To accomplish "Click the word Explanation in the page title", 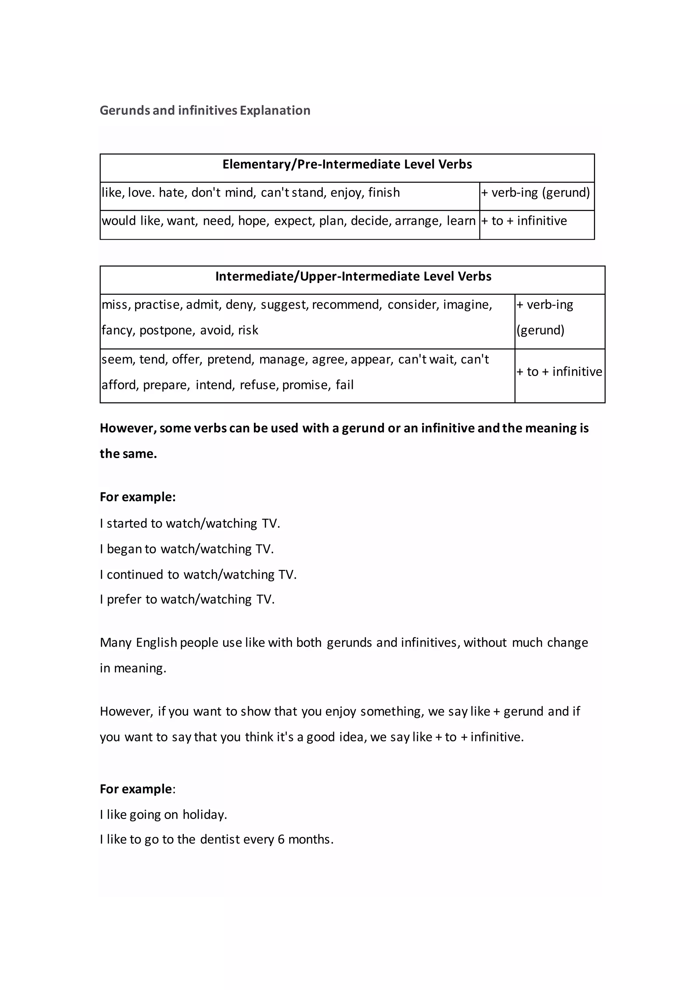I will [x=275, y=111].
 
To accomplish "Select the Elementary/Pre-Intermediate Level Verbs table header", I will [x=347, y=164].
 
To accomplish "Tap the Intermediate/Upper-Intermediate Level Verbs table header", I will [x=353, y=277].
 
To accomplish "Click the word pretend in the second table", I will [x=231, y=360].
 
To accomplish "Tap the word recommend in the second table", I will [x=347, y=305].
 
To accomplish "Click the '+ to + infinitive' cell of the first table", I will [x=524, y=221].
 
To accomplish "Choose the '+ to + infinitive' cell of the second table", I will [x=559, y=372].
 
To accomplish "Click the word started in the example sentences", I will [x=127, y=523].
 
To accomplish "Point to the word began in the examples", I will [x=125, y=549].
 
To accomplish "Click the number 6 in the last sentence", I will [x=281, y=840].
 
